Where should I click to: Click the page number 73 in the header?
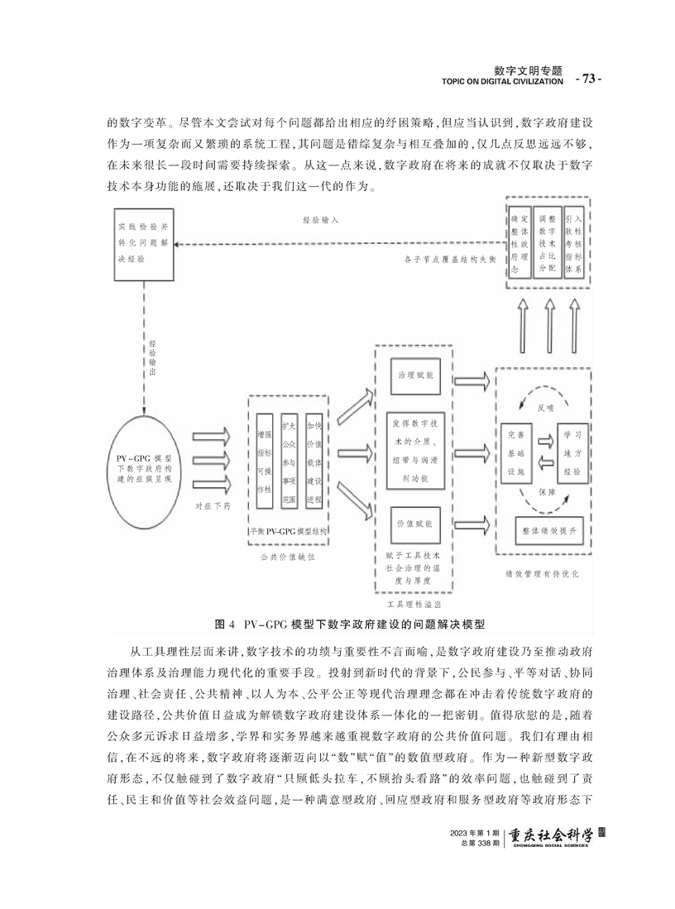588,79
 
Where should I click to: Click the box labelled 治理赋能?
415,376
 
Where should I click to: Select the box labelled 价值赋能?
415,524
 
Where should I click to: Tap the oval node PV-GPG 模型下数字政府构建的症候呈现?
143,470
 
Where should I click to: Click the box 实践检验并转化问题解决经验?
143,245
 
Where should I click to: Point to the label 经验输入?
320,220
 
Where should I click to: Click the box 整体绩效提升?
546,530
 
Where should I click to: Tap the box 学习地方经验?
572,453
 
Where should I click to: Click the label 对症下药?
213,506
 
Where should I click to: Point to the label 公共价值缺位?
288,557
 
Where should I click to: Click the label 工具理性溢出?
414,604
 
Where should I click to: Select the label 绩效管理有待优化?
542,574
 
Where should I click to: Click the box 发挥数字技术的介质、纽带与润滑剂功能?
415,450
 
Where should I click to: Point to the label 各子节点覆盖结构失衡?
450,260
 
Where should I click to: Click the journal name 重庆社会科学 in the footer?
550,836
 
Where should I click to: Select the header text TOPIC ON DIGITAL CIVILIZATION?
502,82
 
